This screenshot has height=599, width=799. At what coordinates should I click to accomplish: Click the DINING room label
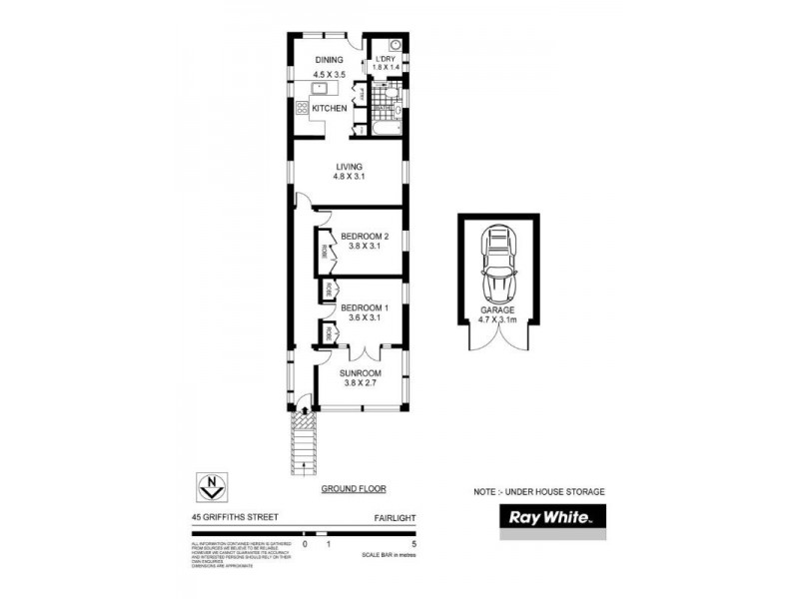click(329, 60)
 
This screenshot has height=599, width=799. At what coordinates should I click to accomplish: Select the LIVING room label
click(349, 166)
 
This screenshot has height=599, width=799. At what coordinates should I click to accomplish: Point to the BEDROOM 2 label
click(364, 237)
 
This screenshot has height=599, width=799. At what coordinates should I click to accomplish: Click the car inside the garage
click(496, 265)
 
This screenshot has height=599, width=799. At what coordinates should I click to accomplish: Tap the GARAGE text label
click(496, 310)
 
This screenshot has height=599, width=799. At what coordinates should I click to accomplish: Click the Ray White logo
click(552, 518)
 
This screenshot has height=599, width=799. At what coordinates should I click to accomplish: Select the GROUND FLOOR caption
click(353, 489)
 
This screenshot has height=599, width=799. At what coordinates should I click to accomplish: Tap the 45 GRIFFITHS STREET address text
click(236, 517)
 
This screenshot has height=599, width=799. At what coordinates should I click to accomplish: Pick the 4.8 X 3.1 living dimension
click(349, 177)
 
